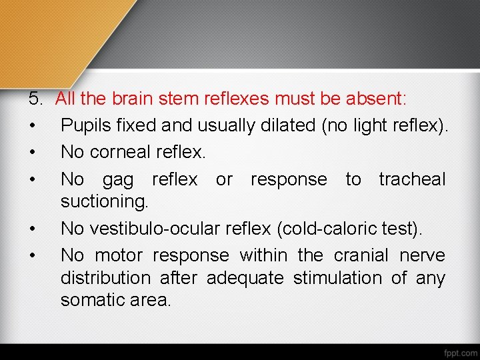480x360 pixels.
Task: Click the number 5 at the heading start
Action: (35, 99)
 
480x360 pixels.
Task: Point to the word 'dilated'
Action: (287, 125)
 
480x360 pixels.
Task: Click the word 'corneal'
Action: (136, 152)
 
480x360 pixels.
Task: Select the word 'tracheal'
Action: (412, 179)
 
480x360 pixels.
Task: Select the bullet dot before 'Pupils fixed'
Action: (32, 126)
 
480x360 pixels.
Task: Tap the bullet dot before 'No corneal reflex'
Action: (32, 152)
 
